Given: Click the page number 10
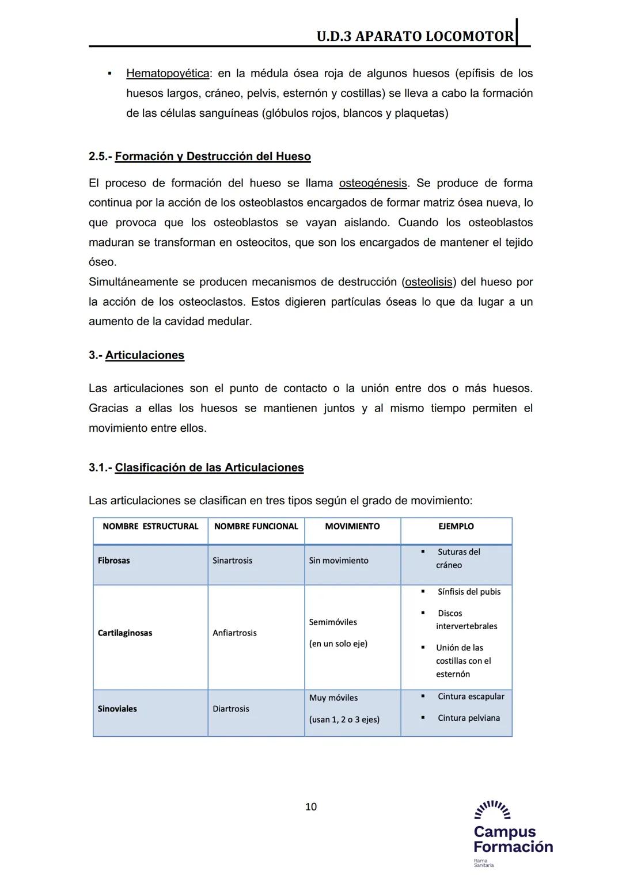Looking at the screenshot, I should [310, 806].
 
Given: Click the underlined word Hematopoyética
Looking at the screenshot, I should [168, 74].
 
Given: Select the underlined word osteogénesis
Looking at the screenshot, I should [373, 183].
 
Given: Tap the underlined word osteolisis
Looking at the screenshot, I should [428, 282].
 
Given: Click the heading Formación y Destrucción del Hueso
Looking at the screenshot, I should [213, 157].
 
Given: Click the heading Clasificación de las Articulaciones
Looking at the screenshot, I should [209, 467].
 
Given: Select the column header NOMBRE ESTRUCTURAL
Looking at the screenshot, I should [150, 526].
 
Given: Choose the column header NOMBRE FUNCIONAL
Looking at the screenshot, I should [256, 526].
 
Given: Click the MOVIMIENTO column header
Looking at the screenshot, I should [352, 526].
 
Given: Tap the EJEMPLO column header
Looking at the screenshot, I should [456, 526].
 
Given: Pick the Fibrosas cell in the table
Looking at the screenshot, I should [114, 561].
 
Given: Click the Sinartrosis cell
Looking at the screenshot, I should [232, 561].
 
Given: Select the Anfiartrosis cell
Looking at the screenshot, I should [234, 633].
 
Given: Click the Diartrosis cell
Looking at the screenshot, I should [230, 709].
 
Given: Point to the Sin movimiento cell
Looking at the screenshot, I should [338, 561].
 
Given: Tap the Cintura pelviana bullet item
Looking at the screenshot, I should [468, 718].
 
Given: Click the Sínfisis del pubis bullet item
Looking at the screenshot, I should [469, 592].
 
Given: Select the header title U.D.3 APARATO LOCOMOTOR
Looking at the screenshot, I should [415, 36].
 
